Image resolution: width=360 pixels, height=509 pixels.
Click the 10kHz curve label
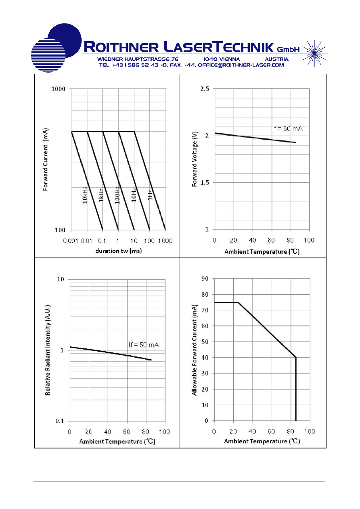(84, 195)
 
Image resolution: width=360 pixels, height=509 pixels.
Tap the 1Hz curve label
(150, 195)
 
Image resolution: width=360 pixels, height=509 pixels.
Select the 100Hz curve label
(117, 195)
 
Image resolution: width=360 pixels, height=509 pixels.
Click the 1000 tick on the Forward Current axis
(58, 89)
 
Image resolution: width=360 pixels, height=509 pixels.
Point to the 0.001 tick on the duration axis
(71, 241)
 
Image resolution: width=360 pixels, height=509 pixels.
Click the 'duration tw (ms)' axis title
(119, 251)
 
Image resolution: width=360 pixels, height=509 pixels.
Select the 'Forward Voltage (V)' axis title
(195, 159)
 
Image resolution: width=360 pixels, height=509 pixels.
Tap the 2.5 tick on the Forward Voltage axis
(205, 89)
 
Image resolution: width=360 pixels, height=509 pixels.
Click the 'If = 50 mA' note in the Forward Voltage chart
(287, 129)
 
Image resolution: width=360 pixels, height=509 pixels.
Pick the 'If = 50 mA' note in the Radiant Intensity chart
(144, 345)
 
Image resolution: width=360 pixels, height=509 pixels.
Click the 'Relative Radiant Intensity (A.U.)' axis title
(48, 350)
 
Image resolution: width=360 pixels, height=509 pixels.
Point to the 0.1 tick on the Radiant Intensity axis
(59, 421)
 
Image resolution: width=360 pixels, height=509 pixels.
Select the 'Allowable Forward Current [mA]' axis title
(195, 350)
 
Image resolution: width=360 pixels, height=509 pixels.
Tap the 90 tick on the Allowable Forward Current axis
(205, 279)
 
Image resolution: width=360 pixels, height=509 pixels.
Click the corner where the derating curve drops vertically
(296, 358)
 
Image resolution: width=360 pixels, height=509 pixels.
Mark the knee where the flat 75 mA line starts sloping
(238, 302)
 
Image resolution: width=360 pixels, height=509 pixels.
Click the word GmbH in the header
(288, 49)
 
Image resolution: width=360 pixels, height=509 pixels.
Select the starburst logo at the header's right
(314, 53)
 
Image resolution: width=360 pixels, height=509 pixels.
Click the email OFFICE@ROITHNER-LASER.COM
(241, 65)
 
